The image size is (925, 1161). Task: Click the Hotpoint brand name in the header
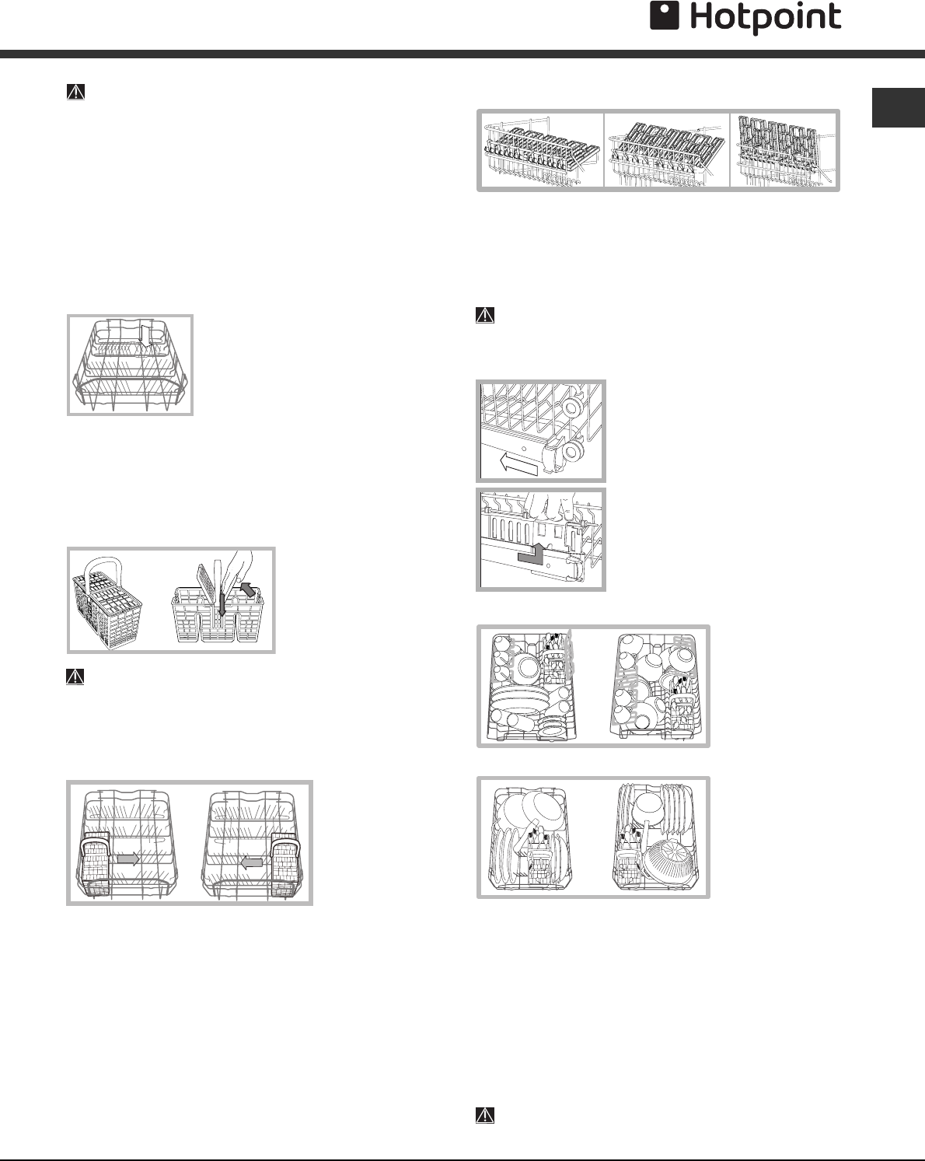tap(765, 19)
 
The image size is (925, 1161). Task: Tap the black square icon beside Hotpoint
tap(665, 16)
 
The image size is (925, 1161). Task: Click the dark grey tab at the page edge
tap(898, 107)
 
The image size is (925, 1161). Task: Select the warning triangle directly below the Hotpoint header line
tap(75, 92)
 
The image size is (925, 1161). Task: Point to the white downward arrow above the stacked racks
tap(145, 335)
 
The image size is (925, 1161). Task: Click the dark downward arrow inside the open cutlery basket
tap(222, 601)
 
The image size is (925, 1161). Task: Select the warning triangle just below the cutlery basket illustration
tap(75, 676)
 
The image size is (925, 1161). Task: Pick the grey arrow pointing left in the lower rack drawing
tap(251, 862)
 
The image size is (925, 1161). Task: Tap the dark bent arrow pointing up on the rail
tap(532, 554)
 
